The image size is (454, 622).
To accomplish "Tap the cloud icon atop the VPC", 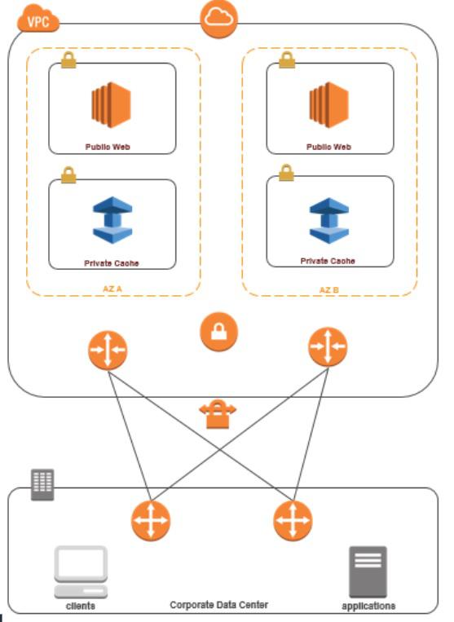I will click(x=218, y=20).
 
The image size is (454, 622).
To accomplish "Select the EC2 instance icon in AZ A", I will click(x=111, y=106).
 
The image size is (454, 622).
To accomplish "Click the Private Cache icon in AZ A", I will click(x=111, y=221).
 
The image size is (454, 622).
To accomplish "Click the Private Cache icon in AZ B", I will click(x=328, y=219).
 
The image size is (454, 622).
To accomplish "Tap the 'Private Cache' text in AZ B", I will click(x=328, y=261).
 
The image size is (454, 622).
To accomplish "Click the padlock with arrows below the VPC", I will click(x=218, y=416).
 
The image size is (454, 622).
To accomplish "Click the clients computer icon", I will click(x=81, y=571).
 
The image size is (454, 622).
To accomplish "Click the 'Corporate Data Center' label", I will click(x=218, y=606).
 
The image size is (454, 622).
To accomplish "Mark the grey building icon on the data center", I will click(x=42, y=485).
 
